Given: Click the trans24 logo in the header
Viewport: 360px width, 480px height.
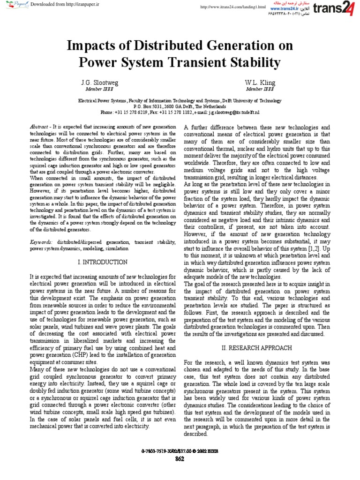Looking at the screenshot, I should (334, 9).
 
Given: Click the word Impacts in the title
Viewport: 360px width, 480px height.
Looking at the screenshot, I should (93, 46).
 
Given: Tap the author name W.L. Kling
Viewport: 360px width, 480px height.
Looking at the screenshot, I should (261, 82).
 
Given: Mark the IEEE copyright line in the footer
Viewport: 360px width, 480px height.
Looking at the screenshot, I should (180, 451).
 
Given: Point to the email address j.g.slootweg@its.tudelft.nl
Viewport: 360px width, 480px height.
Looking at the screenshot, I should (229, 112).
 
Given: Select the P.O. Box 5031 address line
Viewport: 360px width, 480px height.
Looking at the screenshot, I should (180, 106).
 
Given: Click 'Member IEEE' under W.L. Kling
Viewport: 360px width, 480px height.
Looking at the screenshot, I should (261, 89).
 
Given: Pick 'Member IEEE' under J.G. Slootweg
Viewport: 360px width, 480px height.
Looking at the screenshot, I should (99, 89).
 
